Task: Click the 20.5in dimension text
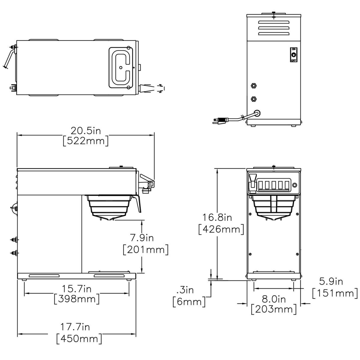[x=86, y=131]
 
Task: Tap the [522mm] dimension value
[x=86, y=141]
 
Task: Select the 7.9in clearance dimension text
[x=142, y=238]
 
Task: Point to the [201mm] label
[x=146, y=250]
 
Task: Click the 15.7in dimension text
[x=76, y=289]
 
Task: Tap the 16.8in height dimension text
[x=217, y=217]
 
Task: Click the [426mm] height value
[x=221, y=229]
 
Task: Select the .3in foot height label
[x=185, y=290]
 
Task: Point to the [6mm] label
[x=189, y=301]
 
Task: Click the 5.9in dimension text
[x=331, y=281]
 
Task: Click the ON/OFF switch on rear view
[x=294, y=55]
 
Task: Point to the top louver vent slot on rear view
[x=274, y=22]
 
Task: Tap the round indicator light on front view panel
[x=295, y=185]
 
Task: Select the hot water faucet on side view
[x=147, y=184]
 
